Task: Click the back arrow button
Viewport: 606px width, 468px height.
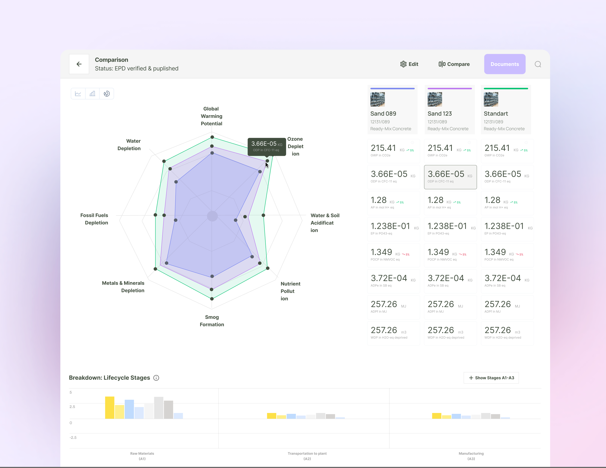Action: click(x=79, y=64)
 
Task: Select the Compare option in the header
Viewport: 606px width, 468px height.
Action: click(x=454, y=64)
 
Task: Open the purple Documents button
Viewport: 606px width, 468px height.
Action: click(x=504, y=64)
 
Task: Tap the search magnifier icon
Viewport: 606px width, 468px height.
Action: click(x=538, y=64)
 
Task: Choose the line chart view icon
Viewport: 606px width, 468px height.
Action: click(x=78, y=94)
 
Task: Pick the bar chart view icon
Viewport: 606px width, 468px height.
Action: click(x=92, y=94)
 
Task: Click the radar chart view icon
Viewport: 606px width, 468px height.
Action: click(x=107, y=94)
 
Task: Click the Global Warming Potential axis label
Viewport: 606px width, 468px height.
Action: click(x=211, y=116)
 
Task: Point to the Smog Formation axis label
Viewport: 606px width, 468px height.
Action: click(x=212, y=321)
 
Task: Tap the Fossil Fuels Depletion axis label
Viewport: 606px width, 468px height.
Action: click(x=94, y=219)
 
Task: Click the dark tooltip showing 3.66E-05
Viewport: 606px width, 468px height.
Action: click(x=267, y=146)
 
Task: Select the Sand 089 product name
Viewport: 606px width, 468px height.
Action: click(x=383, y=113)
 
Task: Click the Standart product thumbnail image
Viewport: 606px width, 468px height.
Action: click(x=491, y=99)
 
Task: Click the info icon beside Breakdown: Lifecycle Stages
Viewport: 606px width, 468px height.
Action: click(x=156, y=378)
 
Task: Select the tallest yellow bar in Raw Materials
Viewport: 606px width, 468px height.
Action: click(x=110, y=407)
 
